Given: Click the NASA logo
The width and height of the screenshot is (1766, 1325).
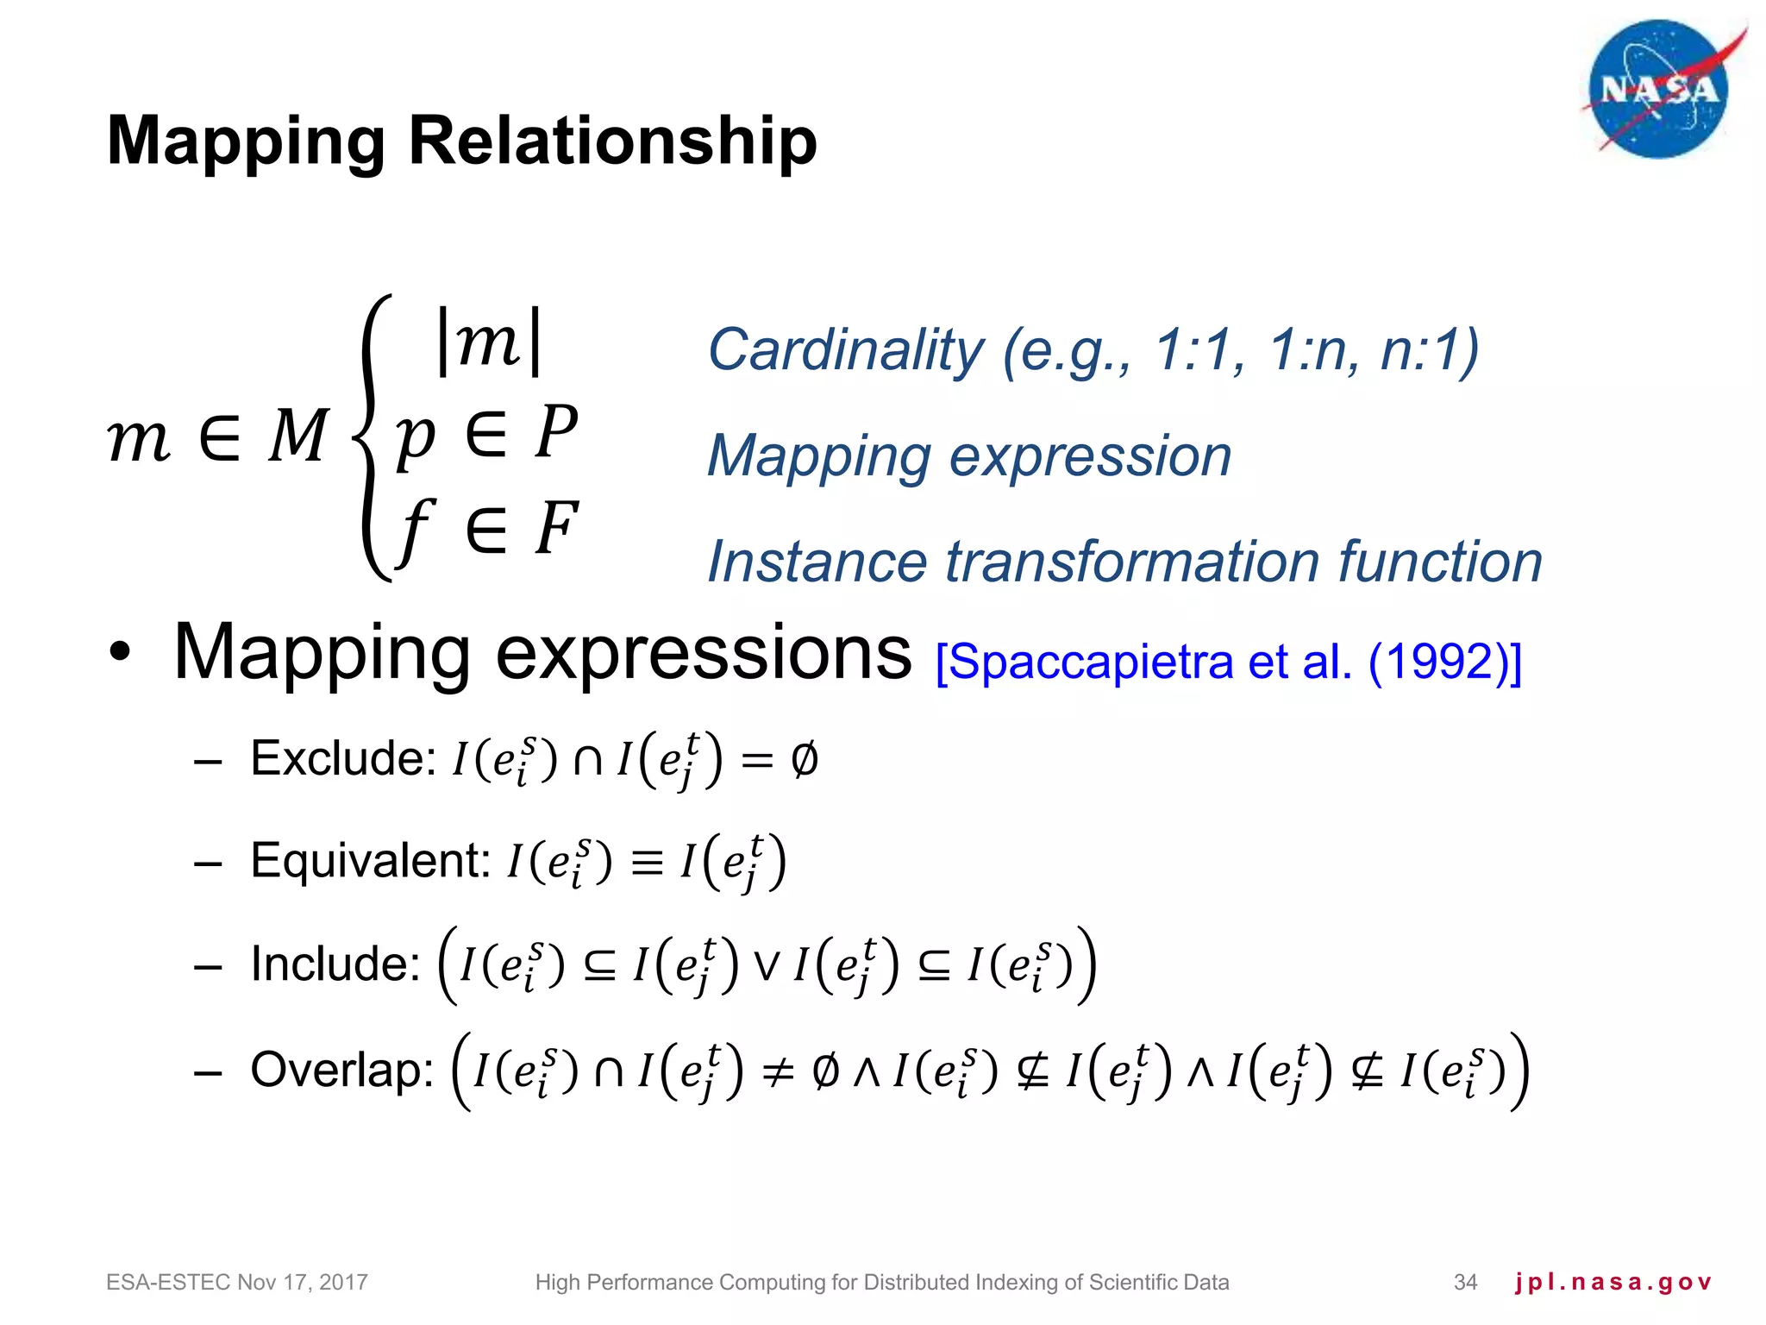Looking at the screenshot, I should (1659, 90).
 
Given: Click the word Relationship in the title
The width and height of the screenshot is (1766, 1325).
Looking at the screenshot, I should (612, 141).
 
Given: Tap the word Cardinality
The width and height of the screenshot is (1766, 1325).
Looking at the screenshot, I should (845, 350).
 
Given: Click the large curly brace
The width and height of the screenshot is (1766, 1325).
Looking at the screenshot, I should (373, 437).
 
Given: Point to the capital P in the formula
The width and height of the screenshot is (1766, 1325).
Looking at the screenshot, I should (555, 432).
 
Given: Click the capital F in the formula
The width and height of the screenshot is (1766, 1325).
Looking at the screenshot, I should (555, 528).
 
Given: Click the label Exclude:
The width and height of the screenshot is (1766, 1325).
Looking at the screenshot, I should (343, 759).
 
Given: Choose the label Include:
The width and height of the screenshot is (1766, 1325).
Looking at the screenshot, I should (335, 964).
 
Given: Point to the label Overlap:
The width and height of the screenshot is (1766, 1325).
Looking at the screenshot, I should (341, 1070).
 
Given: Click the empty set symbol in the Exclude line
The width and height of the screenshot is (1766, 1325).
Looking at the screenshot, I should (804, 760).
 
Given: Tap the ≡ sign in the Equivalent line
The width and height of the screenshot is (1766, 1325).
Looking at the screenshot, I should (647, 863).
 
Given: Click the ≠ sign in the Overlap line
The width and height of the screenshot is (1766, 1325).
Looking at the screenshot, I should (779, 1072).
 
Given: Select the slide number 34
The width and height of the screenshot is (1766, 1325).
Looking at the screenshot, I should (1465, 1283).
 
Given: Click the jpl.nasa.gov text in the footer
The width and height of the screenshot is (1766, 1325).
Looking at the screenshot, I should (1613, 1283).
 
